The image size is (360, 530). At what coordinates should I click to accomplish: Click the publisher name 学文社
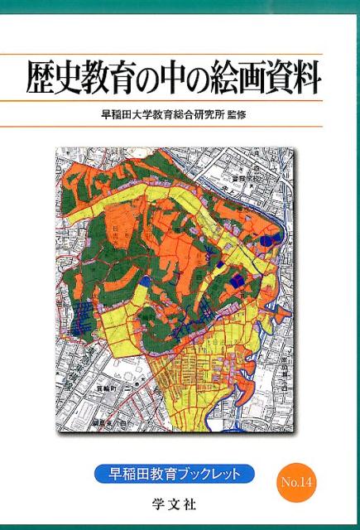180,502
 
